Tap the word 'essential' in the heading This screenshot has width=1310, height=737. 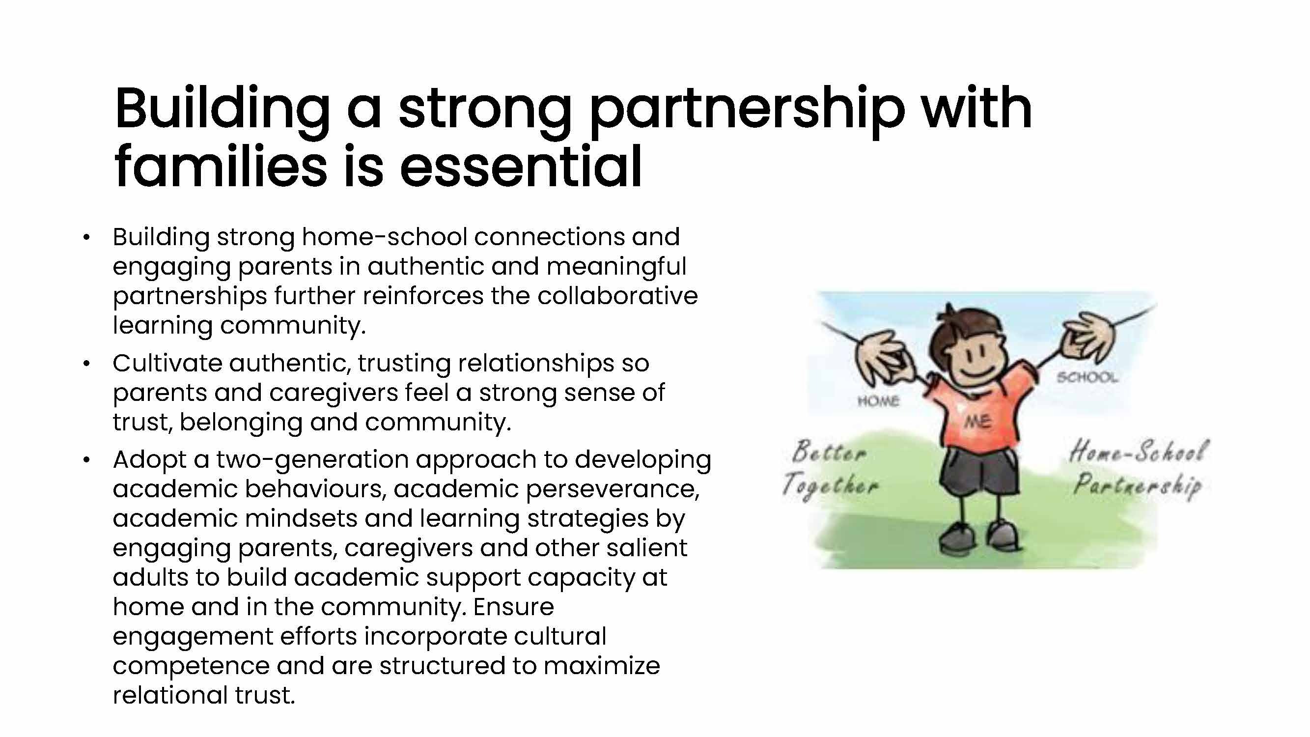(x=521, y=167)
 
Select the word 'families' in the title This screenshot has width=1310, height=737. (x=221, y=167)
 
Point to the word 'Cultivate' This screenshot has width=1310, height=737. (x=167, y=363)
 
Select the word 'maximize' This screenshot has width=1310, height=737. (x=602, y=666)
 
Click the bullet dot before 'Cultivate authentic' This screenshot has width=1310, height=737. (x=86, y=364)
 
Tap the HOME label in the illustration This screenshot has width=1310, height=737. (x=878, y=401)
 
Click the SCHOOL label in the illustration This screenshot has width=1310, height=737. (x=1087, y=377)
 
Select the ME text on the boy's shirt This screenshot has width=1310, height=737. (x=977, y=422)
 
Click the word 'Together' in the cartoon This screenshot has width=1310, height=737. (x=830, y=486)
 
